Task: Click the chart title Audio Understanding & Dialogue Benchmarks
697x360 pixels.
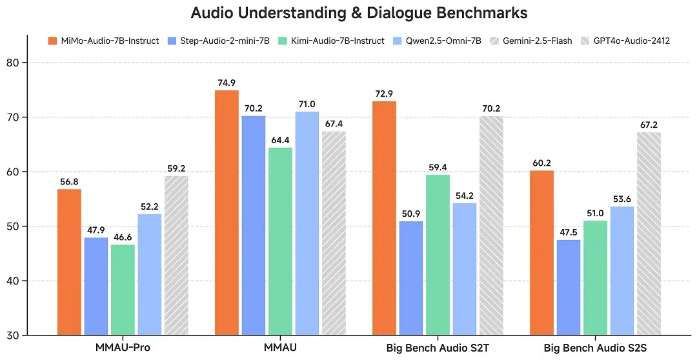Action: (x=359, y=13)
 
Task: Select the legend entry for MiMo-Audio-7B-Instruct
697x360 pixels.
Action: (x=103, y=41)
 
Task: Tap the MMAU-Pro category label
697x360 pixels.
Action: (x=122, y=348)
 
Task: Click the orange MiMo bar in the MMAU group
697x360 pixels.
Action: (x=227, y=213)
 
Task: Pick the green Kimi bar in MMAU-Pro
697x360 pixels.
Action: (x=123, y=290)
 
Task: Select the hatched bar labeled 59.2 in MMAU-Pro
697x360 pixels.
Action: (x=176, y=255)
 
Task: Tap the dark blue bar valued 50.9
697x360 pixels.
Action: (x=410, y=278)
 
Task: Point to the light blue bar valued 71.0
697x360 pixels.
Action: (x=307, y=223)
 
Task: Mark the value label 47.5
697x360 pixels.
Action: (x=569, y=232)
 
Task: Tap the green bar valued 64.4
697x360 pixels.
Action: (x=280, y=241)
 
